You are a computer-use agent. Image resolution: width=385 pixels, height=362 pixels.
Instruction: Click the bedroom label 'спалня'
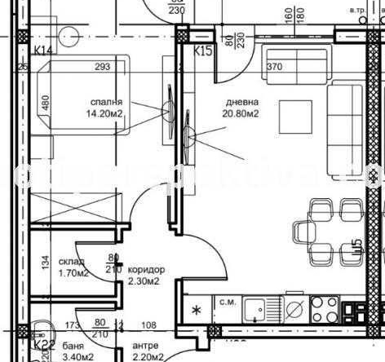107,101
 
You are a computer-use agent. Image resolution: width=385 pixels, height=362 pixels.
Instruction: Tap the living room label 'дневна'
243,102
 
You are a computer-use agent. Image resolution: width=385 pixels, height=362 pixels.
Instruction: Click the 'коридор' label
146,269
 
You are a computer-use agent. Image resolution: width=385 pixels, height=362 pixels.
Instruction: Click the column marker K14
43,51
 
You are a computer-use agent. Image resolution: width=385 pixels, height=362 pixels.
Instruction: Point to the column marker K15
202,51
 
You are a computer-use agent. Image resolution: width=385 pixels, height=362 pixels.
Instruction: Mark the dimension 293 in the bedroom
102,67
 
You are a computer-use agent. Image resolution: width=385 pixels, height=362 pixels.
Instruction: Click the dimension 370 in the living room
273,67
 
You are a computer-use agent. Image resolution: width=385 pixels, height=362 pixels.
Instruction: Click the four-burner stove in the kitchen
325,308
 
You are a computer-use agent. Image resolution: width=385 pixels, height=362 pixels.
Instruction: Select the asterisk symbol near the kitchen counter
196,310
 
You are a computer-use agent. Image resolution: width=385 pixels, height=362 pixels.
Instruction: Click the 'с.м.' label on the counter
228,302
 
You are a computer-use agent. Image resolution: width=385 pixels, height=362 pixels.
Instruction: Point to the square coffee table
295,116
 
